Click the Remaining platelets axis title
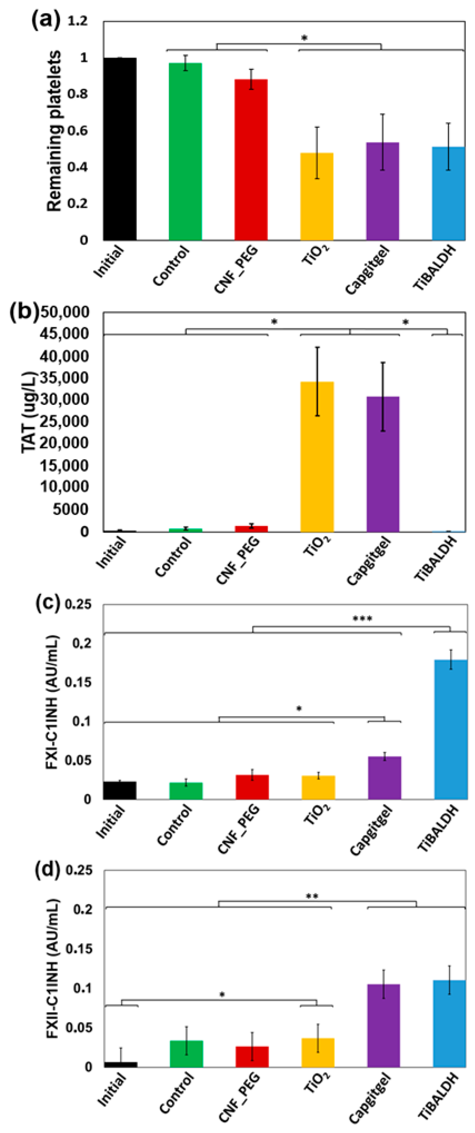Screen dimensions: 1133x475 pos(54,131)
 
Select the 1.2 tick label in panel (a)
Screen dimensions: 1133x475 pos(77,21)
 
